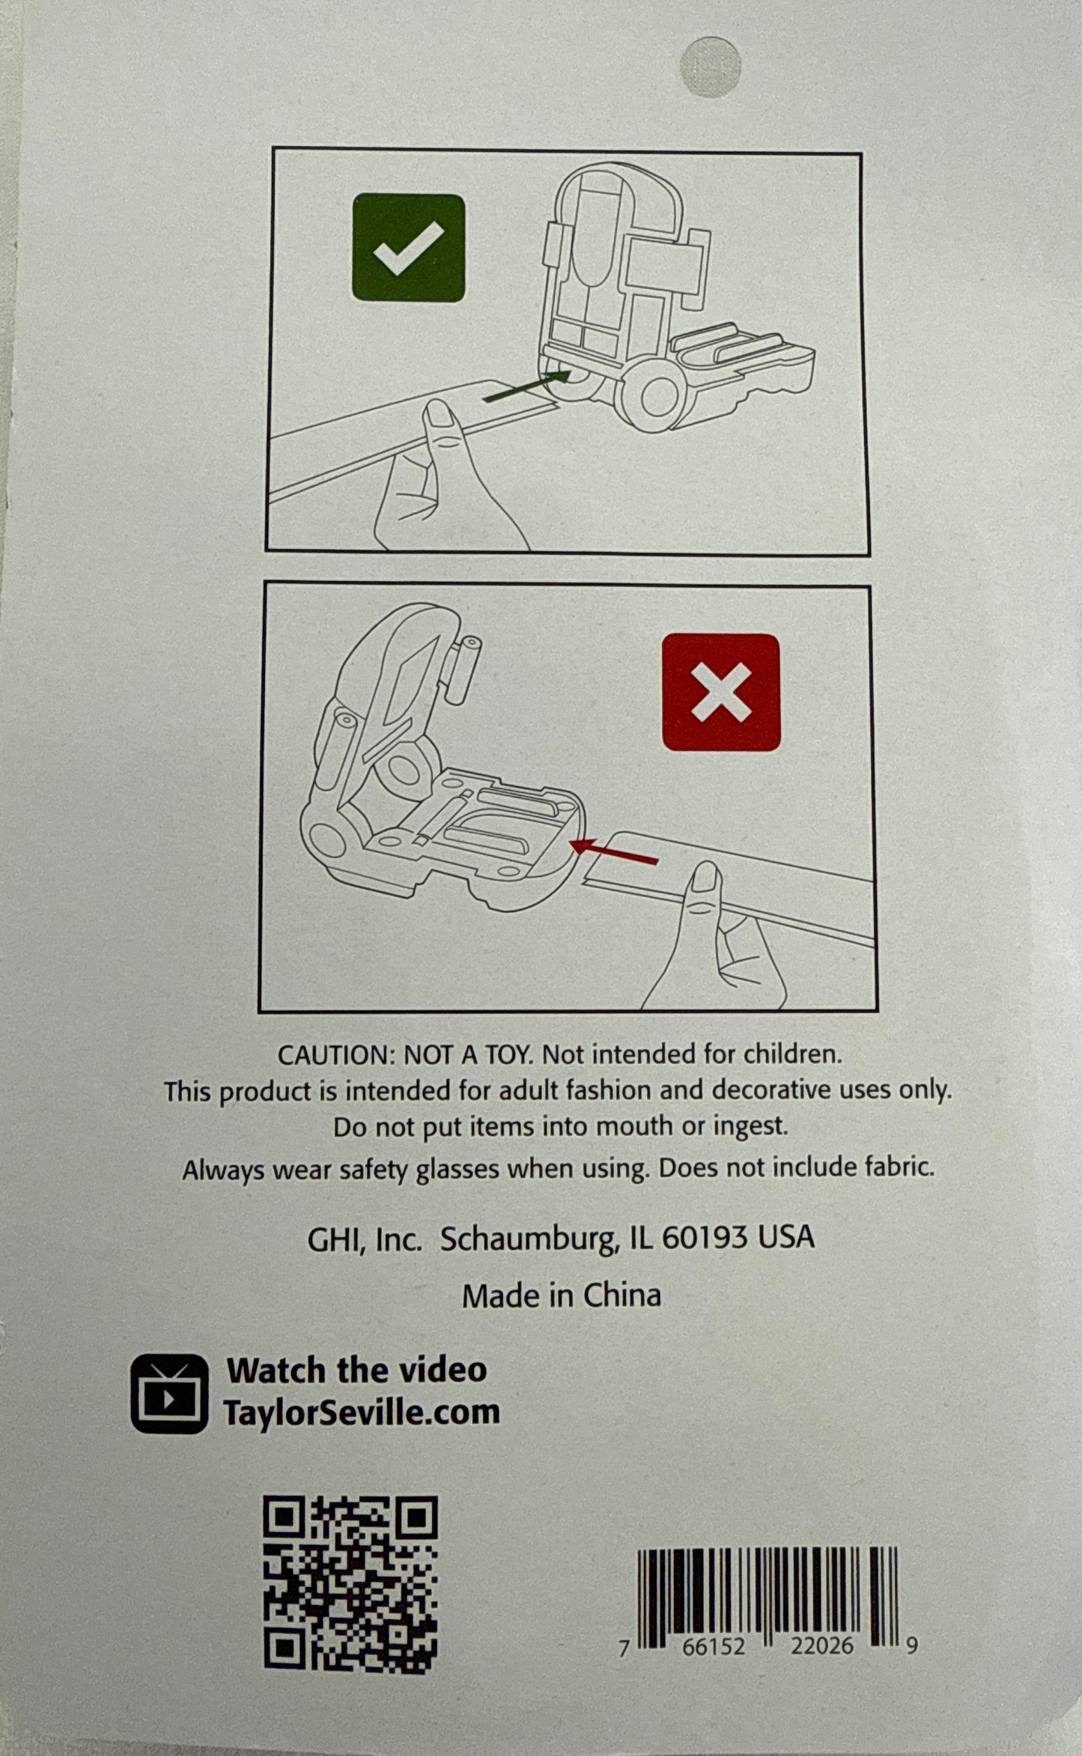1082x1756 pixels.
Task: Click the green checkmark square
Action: pos(409,248)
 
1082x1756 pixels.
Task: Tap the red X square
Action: pos(721,693)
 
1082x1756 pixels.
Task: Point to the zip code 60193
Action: pos(702,1238)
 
